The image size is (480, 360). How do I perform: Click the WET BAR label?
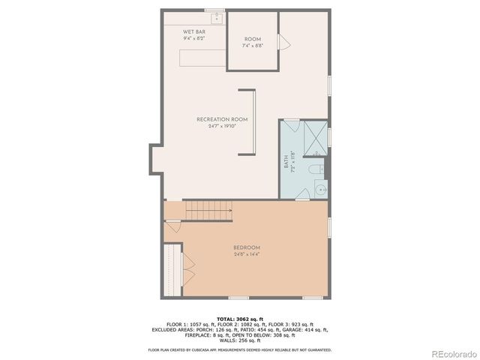[x=194, y=31]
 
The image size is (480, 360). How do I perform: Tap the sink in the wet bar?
[x=216, y=17]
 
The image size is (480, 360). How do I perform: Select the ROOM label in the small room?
[x=251, y=39]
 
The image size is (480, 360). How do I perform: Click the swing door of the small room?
[x=283, y=42]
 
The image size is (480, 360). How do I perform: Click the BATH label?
[x=286, y=161]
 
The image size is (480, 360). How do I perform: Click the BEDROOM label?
[x=246, y=248]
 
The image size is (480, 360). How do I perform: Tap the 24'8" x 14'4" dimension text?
[x=246, y=255]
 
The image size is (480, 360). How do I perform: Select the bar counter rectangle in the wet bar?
[x=202, y=58]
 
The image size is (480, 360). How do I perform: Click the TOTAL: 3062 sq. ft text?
[x=239, y=319]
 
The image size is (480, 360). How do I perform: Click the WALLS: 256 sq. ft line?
[x=239, y=340]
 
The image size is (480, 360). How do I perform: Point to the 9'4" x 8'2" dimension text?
[x=194, y=37]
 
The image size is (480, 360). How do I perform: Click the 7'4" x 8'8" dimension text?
[x=251, y=46]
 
